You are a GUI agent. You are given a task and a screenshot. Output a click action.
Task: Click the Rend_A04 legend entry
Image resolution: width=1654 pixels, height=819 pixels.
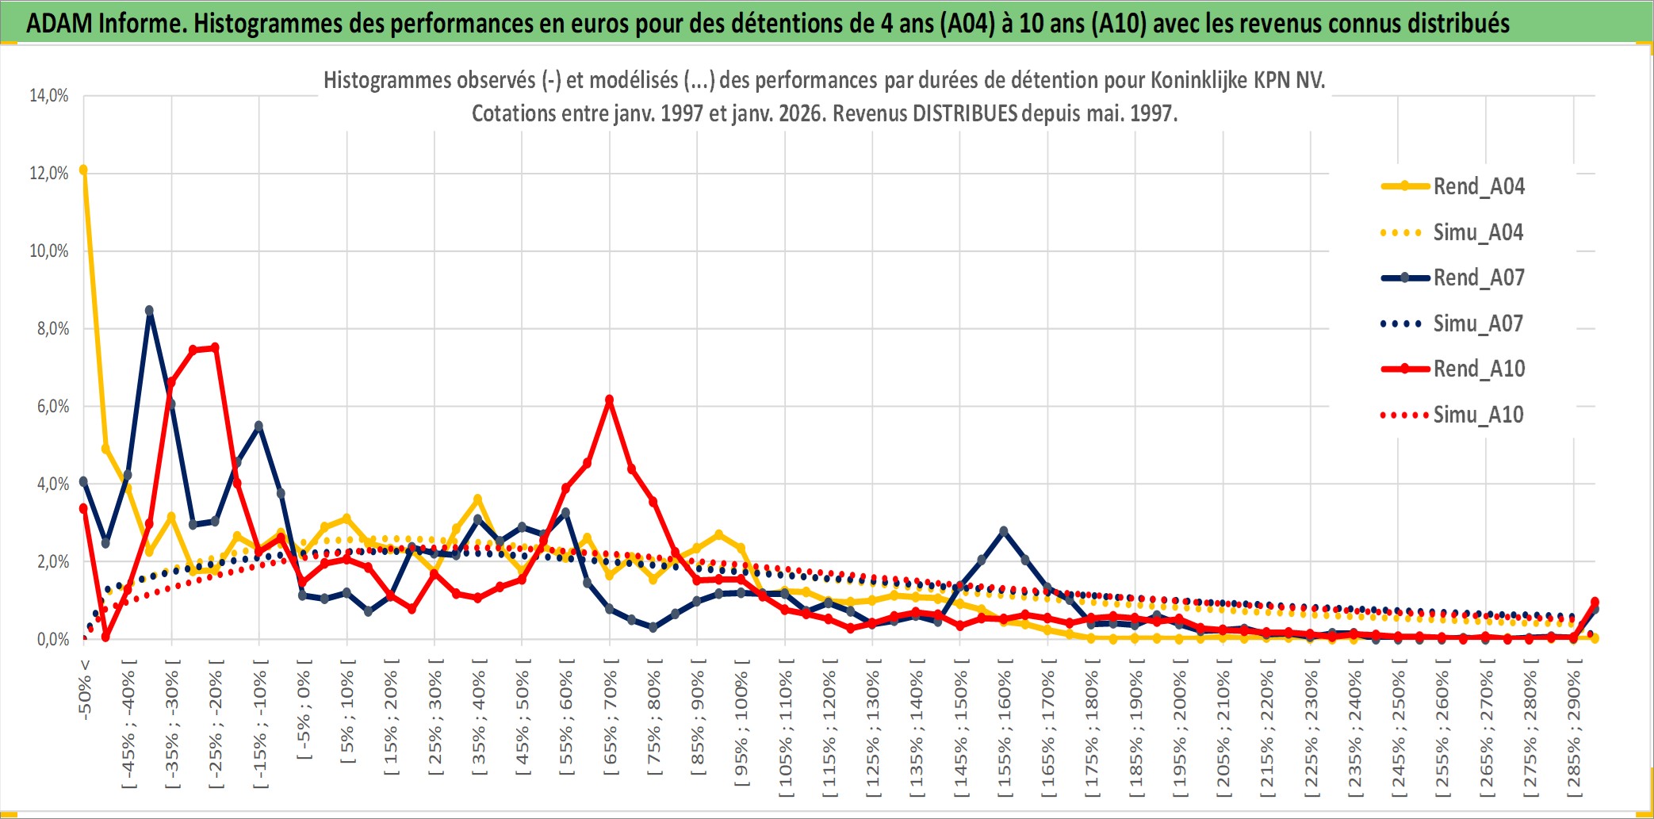[x=1478, y=186]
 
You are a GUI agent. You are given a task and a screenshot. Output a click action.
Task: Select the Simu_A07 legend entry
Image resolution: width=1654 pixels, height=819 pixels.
[x=1478, y=323]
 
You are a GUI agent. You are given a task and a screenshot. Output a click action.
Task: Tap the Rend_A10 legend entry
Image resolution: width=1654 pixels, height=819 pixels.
[x=1479, y=369]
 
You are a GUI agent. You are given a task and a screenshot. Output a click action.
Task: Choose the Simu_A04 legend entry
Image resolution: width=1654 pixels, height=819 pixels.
[x=1478, y=232]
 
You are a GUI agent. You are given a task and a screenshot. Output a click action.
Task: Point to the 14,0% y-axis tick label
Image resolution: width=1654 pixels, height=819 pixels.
[x=49, y=96]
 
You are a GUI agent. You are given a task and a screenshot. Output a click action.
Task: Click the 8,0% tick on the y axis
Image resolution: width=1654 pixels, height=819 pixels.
[x=52, y=329]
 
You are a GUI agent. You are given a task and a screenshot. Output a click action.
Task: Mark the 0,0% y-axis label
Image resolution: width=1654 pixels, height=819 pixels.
[x=52, y=639]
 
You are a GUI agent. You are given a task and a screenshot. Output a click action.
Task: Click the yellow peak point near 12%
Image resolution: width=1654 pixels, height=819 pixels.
[x=83, y=170]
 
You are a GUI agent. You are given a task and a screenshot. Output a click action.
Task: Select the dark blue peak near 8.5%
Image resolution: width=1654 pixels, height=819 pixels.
[x=149, y=311]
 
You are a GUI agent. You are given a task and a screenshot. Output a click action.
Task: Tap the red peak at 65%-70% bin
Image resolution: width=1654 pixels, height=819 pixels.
[x=609, y=400]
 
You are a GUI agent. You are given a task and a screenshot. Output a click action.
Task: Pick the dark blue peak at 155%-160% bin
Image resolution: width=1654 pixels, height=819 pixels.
[x=1004, y=531]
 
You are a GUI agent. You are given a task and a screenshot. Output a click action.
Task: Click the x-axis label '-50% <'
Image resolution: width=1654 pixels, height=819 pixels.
[x=85, y=689]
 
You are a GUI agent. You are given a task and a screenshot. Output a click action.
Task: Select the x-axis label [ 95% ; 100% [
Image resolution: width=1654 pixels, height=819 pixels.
[x=741, y=723]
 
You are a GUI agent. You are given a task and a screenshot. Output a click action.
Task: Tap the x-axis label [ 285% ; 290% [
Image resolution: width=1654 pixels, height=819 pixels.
[x=1574, y=731]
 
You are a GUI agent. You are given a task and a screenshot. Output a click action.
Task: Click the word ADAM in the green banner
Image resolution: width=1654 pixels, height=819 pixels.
[x=60, y=23]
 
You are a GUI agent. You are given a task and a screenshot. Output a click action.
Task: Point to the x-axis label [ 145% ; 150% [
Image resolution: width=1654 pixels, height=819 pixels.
[x=960, y=731]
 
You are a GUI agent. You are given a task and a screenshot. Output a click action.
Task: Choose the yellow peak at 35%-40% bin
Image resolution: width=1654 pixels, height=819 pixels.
[x=477, y=499]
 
